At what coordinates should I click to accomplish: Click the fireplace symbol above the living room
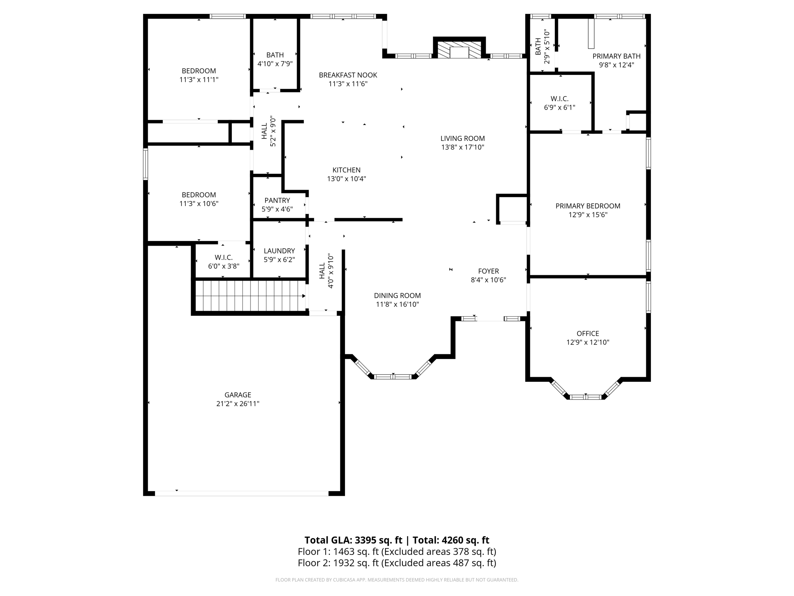pyautogui.click(x=459, y=50)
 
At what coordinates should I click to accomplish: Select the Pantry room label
pyautogui.click(x=277, y=200)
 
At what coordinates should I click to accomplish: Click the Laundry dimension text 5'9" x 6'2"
pyautogui.click(x=279, y=260)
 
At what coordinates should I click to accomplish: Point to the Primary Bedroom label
pyautogui.click(x=588, y=206)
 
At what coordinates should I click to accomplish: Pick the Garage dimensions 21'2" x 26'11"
pyautogui.click(x=238, y=404)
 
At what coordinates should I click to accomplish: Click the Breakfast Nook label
pyautogui.click(x=348, y=75)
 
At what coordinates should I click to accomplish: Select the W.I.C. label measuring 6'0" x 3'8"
pyautogui.click(x=224, y=258)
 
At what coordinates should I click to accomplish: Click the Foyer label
pyautogui.click(x=488, y=271)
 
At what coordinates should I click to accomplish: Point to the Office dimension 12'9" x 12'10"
pyautogui.click(x=588, y=342)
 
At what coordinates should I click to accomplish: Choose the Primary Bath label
pyautogui.click(x=616, y=56)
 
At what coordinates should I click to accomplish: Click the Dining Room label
pyautogui.click(x=397, y=296)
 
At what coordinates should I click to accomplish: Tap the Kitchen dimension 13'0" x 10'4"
pyautogui.click(x=347, y=179)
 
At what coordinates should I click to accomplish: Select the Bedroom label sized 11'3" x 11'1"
pyautogui.click(x=199, y=71)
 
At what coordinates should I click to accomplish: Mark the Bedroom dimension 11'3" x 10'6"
pyautogui.click(x=199, y=204)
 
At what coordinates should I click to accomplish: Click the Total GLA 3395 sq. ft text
pyautogui.click(x=354, y=540)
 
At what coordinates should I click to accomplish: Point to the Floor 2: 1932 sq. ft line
pyautogui.click(x=397, y=563)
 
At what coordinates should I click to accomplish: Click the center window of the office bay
pyautogui.click(x=585, y=397)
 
